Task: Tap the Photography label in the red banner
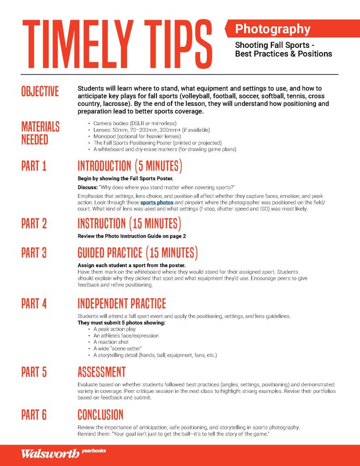(x=272, y=29)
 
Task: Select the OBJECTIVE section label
(x=40, y=91)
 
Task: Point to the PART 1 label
(x=34, y=166)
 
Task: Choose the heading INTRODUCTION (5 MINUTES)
(x=130, y=166)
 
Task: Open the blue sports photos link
(x=157, y=203)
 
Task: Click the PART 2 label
(x=34, y=224)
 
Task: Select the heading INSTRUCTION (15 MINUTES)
(x=129, y=224)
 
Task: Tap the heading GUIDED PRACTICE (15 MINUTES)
(x=137, y=253)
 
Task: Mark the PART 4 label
(x=34, y=304)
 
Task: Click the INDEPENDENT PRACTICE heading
(x=121, y=304)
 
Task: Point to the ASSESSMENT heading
(x=101, y=372)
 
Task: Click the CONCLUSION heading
(x=100, y=415)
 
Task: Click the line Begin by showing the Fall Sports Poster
(x=125, y=179)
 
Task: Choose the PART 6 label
(x=34, y=415)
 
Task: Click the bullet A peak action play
(x=114, y=329)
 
